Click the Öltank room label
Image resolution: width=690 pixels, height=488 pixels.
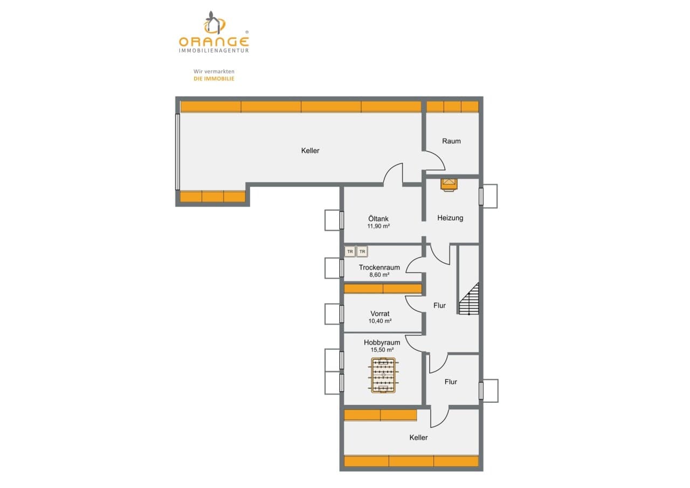tap(378, 219)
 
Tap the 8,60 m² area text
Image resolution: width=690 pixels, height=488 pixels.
tap(379, 275)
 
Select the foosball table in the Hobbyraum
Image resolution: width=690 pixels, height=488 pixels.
tap(383, 375)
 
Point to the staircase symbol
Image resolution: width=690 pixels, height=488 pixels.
tap(469, 298)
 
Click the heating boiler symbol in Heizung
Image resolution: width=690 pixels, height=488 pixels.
tap(449, 185)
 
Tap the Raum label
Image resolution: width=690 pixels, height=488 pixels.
tap(451, 141)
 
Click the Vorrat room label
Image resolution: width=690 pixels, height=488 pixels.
tap(380, 314)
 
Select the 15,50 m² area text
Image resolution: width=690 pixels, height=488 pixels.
tap(382, 349)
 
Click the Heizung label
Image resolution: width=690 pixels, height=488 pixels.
tap(450, 218)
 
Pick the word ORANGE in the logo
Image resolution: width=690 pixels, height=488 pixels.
tap(214, 42)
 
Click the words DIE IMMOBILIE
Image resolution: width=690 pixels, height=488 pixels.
tap(214, 79)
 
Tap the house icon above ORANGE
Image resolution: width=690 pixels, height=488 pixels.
tap(215, 22)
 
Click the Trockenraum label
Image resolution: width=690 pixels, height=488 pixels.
tap(379, 267)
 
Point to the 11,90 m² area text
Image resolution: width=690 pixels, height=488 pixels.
tap(378, 226)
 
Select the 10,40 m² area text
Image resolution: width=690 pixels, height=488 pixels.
tap(380, 321)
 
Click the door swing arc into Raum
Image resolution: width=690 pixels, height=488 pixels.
tap(439, 156)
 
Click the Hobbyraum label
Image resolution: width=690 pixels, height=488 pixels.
tap(382, 342)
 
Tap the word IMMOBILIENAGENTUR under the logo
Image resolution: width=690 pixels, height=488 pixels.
tap(214, 51)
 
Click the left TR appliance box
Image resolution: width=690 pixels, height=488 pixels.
tap(350, 252)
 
